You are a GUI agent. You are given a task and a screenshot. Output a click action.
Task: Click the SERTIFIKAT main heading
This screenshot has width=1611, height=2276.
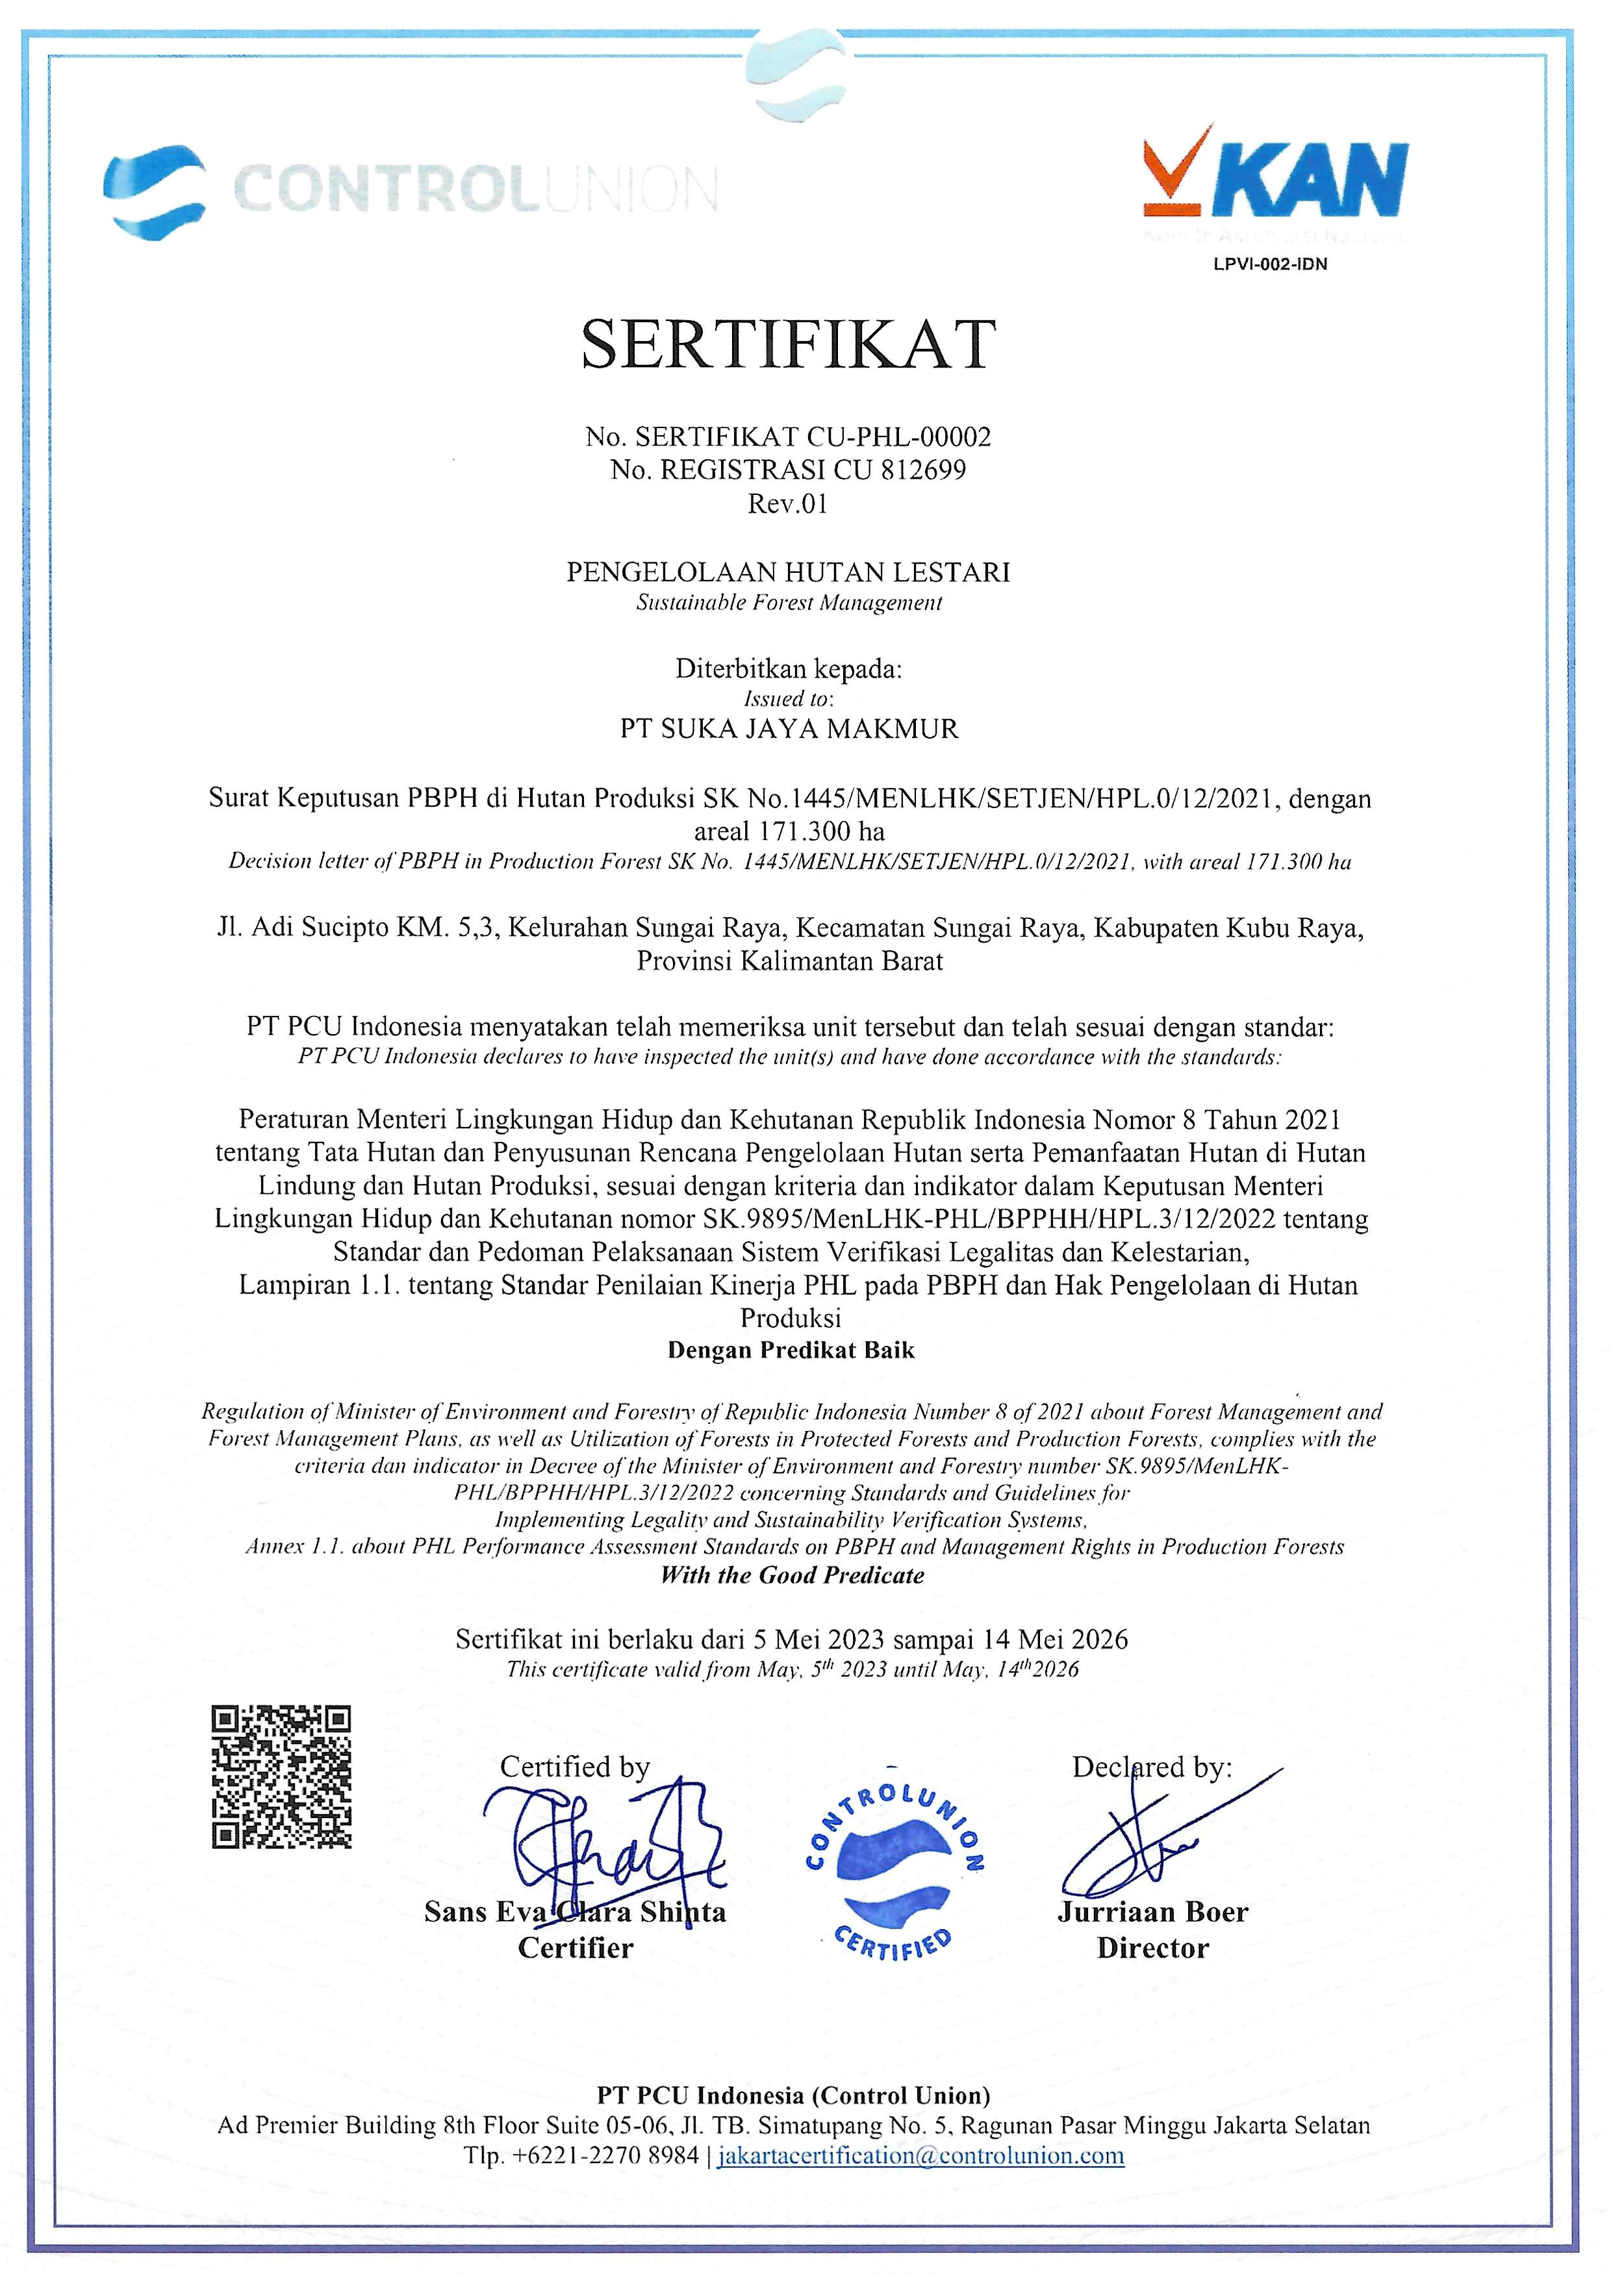point(789,345)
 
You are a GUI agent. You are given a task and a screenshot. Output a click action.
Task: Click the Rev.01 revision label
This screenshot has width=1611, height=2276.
point(788,504)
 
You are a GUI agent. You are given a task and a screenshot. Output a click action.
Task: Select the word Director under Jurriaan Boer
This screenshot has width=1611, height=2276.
point(1152,1949)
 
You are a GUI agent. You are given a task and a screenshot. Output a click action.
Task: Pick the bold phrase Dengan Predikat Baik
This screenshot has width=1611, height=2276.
point(791,1350)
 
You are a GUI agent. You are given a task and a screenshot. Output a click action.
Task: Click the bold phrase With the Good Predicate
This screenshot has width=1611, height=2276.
point(792,1575)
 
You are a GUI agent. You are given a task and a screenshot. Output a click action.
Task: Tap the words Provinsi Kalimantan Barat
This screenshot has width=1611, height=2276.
point(790,961)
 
